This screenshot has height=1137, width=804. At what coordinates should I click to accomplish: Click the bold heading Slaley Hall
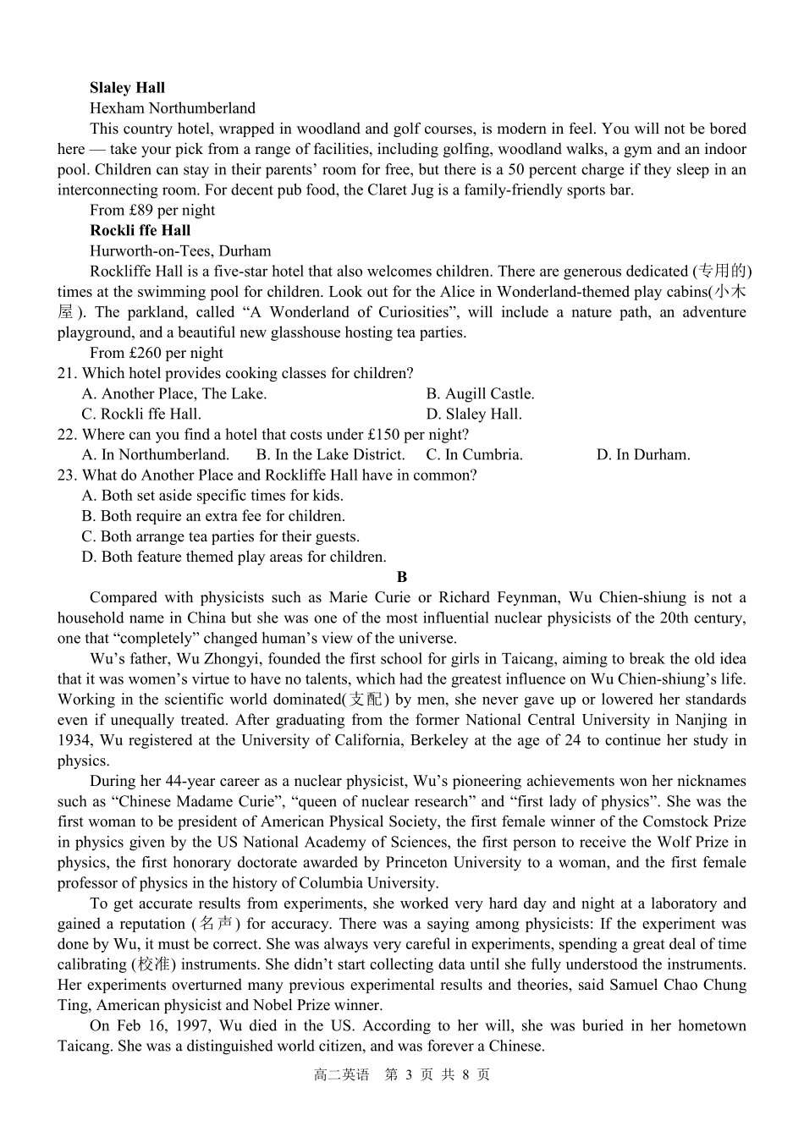point(127,88)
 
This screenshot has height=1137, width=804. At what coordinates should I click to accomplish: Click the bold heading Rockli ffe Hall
point(140,230)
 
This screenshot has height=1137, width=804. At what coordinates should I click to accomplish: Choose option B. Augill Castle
point(480,393)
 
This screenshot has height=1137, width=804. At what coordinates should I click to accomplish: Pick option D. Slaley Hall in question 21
point(474,414)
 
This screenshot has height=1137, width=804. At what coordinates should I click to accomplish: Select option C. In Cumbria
point(474,454)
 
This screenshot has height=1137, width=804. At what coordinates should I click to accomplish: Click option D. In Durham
point(642,454)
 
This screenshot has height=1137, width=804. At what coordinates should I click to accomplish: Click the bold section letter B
point(402,577)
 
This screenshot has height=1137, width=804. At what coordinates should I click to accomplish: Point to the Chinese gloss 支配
point(366,700)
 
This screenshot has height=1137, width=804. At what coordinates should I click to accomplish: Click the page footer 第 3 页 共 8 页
point(437,1074)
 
